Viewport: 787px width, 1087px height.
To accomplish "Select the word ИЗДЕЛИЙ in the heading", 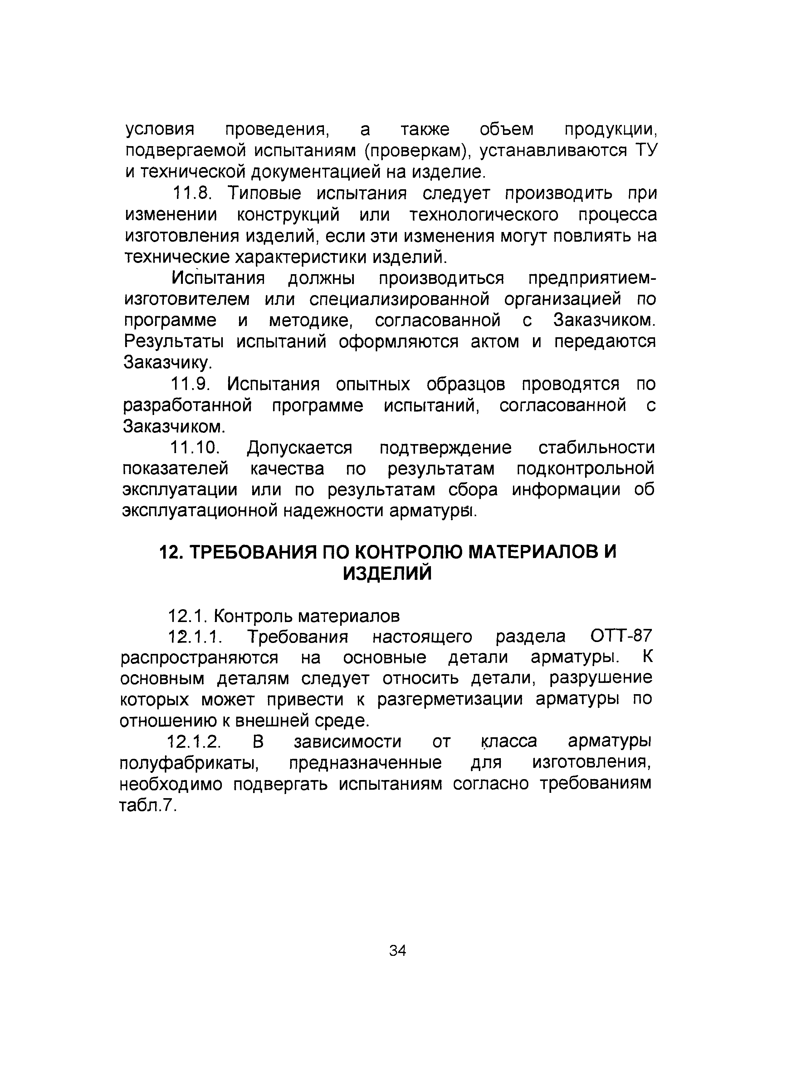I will point(387,574).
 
